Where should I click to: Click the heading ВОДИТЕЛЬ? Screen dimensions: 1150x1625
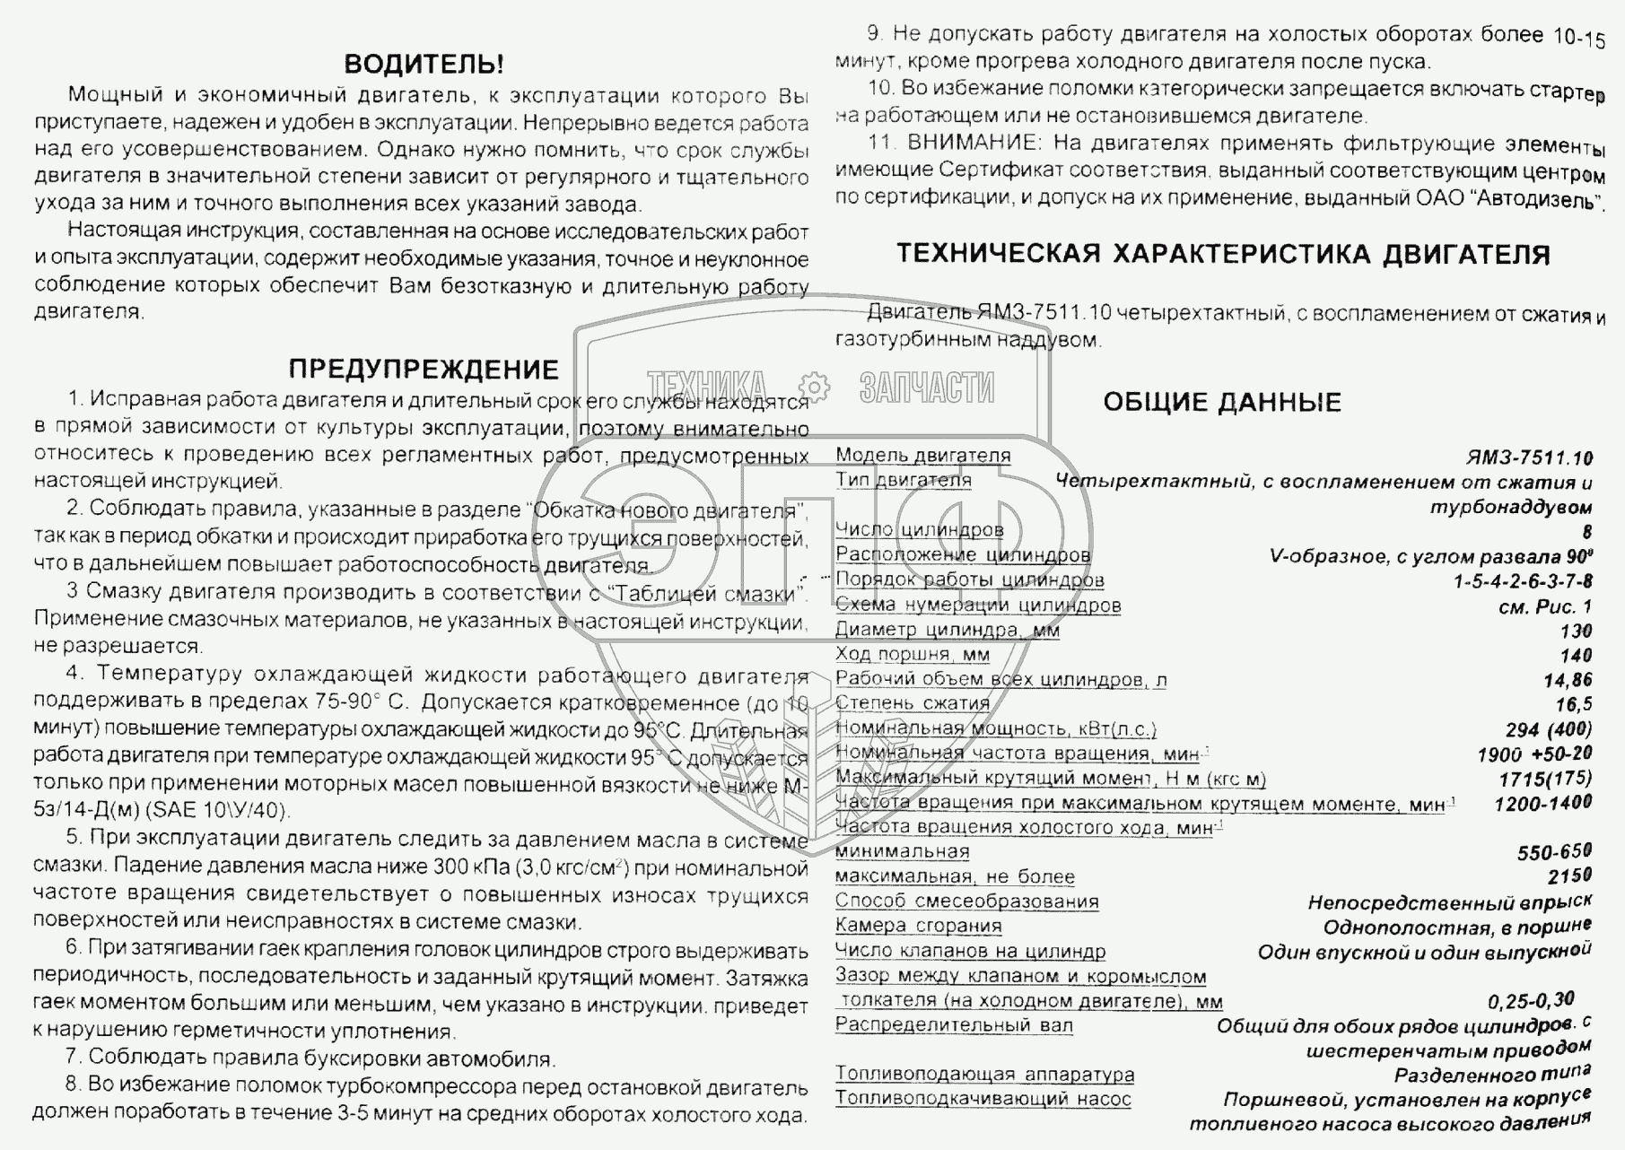[x=424, y=64]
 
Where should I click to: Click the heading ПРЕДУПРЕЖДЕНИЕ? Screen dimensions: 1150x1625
[x=424, y=370]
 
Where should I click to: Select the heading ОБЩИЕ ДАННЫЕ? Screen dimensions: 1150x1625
[x=1221, y=402]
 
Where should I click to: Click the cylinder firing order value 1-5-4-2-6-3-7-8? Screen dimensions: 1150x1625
[x=1523, y=581]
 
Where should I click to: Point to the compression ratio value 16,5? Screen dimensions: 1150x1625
[x=1574, y=704]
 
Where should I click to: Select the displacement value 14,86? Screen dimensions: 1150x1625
[x=1568, y=680]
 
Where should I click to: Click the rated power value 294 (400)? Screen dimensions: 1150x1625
[x=1549, y=729]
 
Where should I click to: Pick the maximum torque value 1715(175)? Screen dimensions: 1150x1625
[x=1544, y=779]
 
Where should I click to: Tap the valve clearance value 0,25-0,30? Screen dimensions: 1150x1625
[x=1531, y=1000]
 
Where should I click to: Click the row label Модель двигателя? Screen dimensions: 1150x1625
[x=922, y=456]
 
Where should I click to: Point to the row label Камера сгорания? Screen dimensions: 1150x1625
[x=918, y=926]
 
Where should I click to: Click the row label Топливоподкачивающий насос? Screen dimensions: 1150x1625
[x=983, y=1098]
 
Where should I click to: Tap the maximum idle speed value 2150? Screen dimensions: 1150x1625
[x=1569, y=876]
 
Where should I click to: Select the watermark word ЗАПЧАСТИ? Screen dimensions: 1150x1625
[x=926, y=388]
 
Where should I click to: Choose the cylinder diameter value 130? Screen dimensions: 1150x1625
[x=1576, y=631]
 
